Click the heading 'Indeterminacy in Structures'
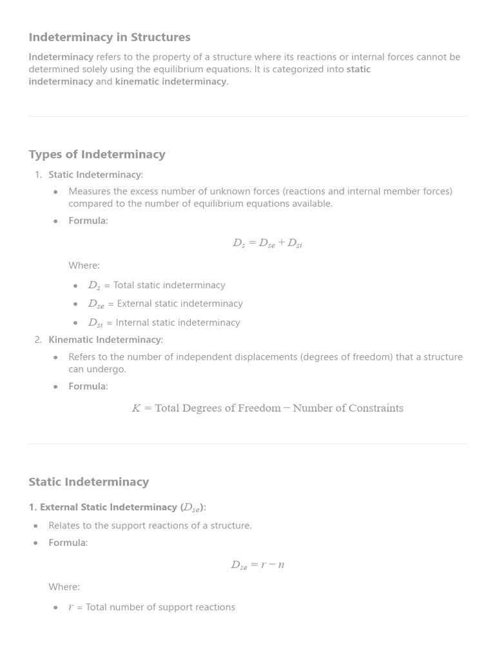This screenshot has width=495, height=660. coord(110,37)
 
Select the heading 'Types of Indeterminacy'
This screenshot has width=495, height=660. coord(97,154)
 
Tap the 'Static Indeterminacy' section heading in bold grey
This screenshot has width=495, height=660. coord(88,481)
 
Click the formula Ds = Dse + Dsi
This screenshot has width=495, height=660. coord(267,243)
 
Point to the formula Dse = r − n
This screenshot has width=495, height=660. coord(257,565)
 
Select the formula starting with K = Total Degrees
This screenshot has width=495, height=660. coord(267,408)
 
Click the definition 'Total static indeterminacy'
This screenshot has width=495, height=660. coord(169,285)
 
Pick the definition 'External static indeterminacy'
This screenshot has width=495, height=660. coord(179,304)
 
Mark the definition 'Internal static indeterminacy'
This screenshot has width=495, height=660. coord(177,322)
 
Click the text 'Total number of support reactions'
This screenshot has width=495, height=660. coord(160,607)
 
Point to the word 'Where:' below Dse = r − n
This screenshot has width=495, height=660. coord(64,587)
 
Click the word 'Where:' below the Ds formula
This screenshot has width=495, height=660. coord(84,266)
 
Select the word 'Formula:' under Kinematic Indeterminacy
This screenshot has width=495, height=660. coord(88,386)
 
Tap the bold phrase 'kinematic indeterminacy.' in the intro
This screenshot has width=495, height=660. coord(171,81)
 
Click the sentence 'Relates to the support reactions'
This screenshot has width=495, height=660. coord(150,525)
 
